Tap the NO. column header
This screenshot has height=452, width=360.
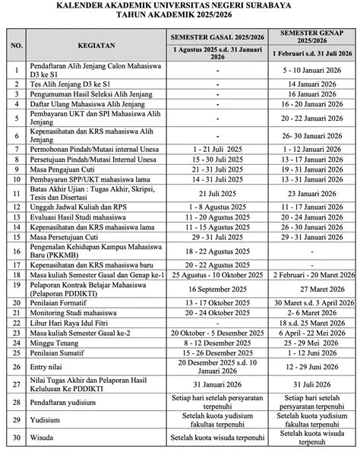coord(15,45)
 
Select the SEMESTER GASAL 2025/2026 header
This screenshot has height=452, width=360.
coord(217,36)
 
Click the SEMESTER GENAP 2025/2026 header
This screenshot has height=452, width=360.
coord(315,36)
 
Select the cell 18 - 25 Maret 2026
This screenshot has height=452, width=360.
coord(315,323)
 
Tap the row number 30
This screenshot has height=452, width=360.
coord(15,438)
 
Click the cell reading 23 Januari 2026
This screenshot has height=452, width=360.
coord(315,194)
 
